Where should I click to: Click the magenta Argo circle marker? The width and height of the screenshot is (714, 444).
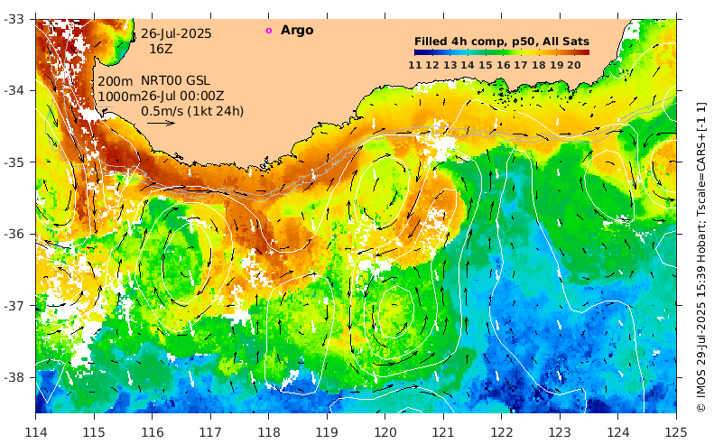[268, 31]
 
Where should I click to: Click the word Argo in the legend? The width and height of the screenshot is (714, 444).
[297, 31]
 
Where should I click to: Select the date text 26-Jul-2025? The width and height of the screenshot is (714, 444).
[176, 33]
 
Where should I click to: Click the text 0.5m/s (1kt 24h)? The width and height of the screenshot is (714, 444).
[192, 111]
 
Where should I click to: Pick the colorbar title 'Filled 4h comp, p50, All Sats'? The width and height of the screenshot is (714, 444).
[501, 41]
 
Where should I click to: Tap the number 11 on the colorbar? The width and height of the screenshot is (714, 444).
[415, 64]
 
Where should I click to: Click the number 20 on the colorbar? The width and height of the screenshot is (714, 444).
[573, 64]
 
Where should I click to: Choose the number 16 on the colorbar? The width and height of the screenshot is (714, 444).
[503, 64]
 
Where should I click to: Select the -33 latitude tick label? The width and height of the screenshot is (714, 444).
[17, 19]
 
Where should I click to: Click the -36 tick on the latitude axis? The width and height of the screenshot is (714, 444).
[17, 234]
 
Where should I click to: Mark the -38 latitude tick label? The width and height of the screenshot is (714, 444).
[17, 377]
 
